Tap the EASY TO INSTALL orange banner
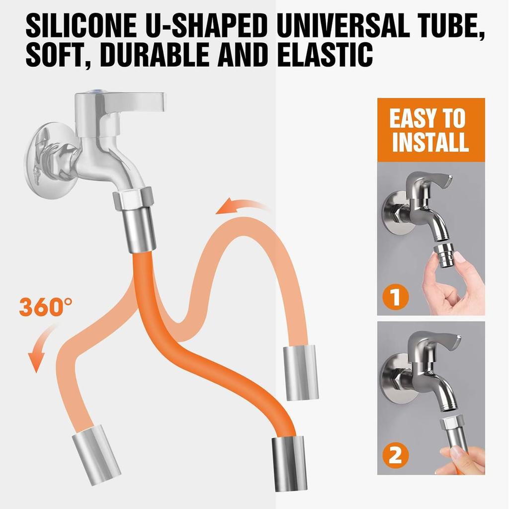[x=430, y=130]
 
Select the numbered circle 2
[x=395, y=455]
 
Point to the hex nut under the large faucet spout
[x=133, y=198]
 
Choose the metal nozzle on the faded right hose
[x=300, y=372]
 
